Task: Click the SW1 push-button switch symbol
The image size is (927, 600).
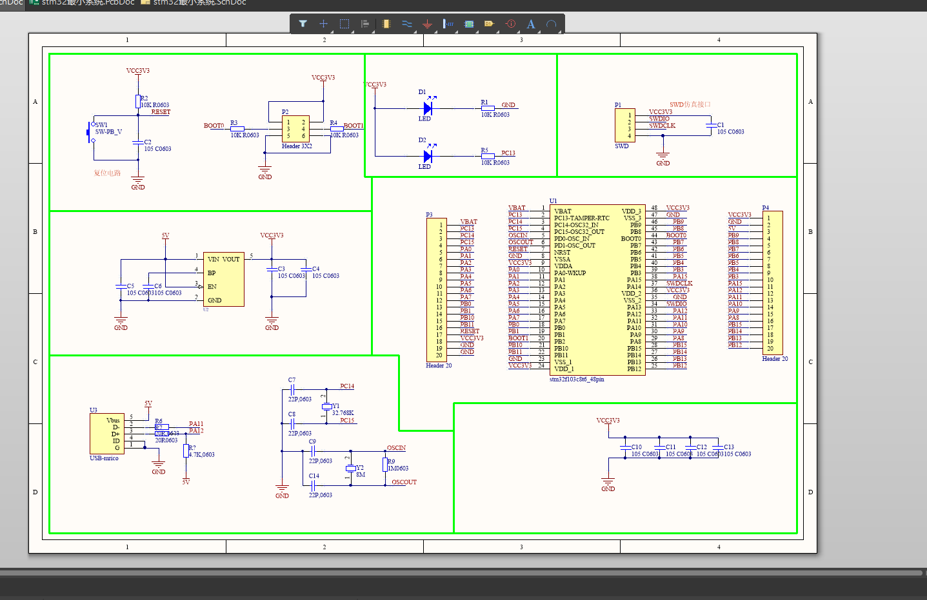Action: pos(90,133)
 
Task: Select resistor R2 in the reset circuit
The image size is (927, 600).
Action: pos(137,101)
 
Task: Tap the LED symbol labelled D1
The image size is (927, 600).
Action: pos(428,108)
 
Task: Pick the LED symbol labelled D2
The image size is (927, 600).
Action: pos(428,156)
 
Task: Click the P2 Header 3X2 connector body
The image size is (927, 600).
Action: pos(295,129)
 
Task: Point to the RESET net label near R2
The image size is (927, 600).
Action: pos(161,112)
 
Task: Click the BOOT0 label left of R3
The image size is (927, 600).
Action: pos(214,126)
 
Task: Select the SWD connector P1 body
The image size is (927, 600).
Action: pos(624,125)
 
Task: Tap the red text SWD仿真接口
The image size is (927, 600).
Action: pos(690,104)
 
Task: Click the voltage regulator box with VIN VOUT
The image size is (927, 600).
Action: pos(224,279)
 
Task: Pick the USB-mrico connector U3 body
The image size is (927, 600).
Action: pos(107,434)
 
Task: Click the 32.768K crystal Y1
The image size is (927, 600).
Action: pos(326,407)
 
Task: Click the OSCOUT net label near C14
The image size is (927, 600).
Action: pos(404,482)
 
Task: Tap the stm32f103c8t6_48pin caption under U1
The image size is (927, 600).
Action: pos(577,380)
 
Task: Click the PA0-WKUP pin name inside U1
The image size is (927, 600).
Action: pos(570,273)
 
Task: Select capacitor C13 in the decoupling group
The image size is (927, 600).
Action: pos(717,447)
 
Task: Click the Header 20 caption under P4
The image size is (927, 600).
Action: pos(775,359)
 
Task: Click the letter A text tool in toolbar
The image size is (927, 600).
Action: pos(531,24)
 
